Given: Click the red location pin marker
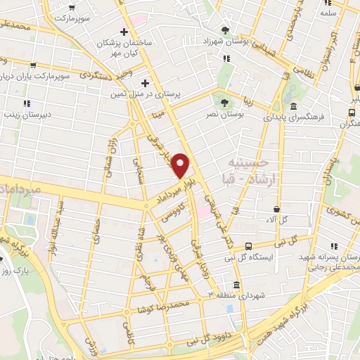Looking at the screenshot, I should (x=181, y=166).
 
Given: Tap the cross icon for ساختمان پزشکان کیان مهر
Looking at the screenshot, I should (x=124, y=32).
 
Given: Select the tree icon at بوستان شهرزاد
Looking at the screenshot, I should (x=224, y=30).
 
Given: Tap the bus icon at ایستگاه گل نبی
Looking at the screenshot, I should (x=248, y=246).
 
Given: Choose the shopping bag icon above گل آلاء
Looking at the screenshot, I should (x=277, y=210).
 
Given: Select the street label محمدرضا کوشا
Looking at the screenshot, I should (x=165, y=307).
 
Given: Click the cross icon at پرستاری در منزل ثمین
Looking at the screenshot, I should (x=145, y=82).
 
